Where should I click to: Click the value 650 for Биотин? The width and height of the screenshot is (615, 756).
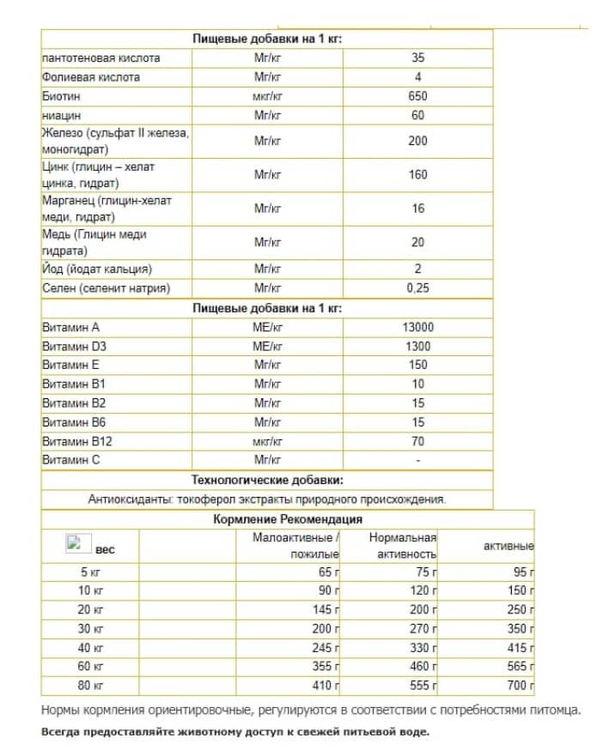[x=417, y=96]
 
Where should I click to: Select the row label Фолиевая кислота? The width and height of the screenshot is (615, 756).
[x=90, y=77]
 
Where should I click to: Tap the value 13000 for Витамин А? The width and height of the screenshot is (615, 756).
[x=417, y=327]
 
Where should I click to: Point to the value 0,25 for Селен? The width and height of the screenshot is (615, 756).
[x=417, y=288]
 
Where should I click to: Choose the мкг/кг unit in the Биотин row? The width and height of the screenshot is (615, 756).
[x=267, y=96]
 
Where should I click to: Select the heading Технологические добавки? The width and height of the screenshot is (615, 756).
[x=267, y=480]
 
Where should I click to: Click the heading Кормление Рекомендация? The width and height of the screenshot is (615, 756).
[x=287, y=519]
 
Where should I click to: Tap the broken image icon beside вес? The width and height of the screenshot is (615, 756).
[x=73, y=542]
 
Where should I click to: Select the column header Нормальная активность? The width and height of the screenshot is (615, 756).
[x=402, y=546]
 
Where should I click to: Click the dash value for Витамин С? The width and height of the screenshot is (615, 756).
[x=417, y=460]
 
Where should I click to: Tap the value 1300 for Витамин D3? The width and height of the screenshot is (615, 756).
[x=417, y=346]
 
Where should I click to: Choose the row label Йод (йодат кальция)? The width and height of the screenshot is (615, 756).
[x=97, y=269]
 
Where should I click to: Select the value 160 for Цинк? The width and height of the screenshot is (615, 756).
[x=417, y=174]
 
